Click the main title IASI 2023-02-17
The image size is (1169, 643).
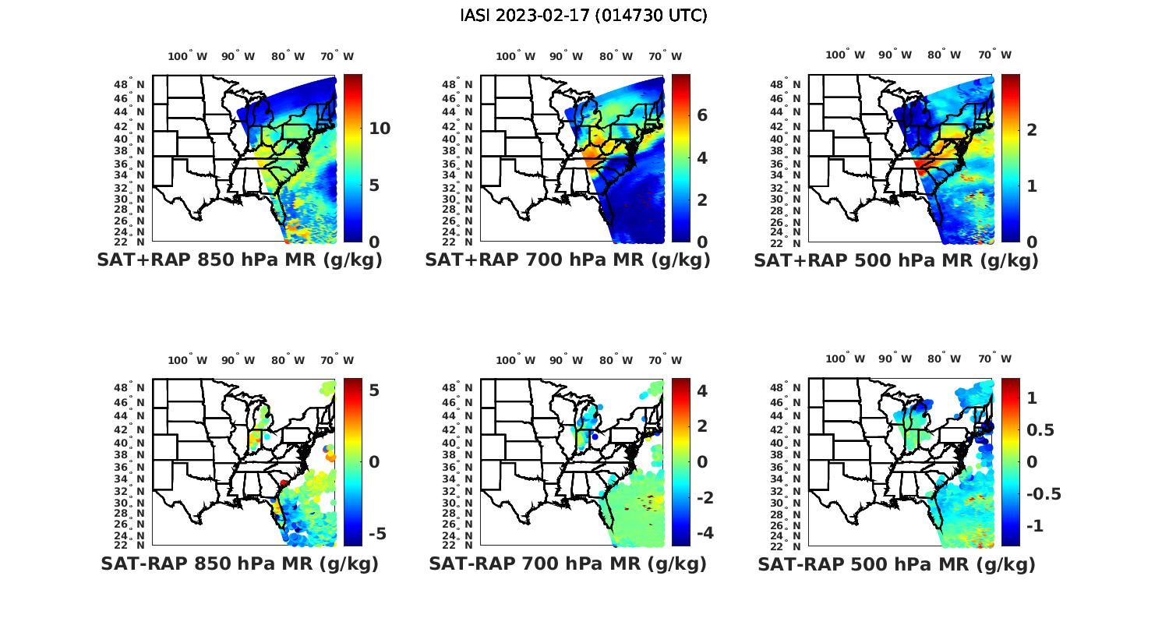pyautogui.click(x=584, y=16)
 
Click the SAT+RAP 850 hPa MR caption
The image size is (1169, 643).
pyautogui.click(x=239, y=260)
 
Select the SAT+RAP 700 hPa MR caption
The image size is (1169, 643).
pyautogui.click(x=567, y=260)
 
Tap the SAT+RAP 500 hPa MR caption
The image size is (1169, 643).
pyautogui.click(x=896, y=260)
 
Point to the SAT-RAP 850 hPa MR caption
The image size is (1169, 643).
pyautogui.click(x=239, y=564)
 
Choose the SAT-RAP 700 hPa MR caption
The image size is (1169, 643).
pyautogui.click(x=567, y=564)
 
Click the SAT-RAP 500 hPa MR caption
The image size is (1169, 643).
pyautogui.click(x=896, y=564)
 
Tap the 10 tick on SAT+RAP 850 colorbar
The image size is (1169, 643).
pyautogui.click(x=380, y=129)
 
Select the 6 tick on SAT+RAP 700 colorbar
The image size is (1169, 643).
pyautogui.click(x=702, y=115)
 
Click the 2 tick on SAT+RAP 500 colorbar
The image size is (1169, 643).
pyautogui.click(x=1032, y=129)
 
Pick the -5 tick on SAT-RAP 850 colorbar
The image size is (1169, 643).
pyautogui.click(x=376, y=534)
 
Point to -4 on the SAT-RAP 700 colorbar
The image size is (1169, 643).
pyautogui.click(x=701, y=533)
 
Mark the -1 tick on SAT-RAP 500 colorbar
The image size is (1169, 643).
pyautogui.click(x=1035, y=526)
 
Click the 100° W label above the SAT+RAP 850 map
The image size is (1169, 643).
pyautogui.click(x=188, y=56)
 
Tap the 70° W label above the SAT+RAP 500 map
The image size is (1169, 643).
pyautogui.click(x=995, y=55)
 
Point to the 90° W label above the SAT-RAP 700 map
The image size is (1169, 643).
pyautogui.click(x=566, y=360)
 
